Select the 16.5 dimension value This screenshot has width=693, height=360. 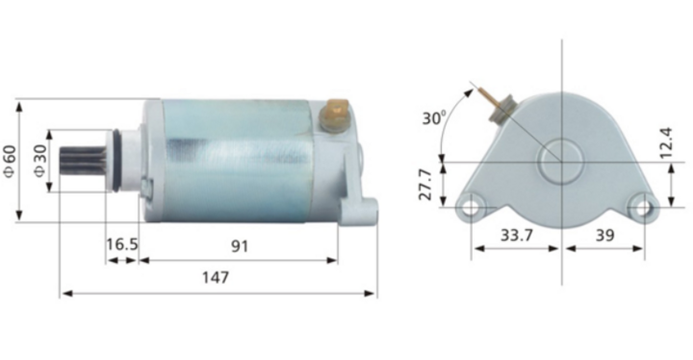coord(122,245)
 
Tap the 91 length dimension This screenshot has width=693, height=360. coord(239,245)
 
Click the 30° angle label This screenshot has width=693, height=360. coord(433,118)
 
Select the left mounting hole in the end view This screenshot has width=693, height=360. coord(472,205)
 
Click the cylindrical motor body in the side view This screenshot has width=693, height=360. coord(241,160)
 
